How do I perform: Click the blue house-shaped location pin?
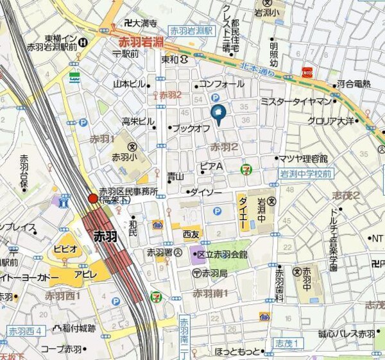coord(217,114)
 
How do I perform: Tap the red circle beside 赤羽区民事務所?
coord(93,199)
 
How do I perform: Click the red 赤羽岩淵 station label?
coord(141,42)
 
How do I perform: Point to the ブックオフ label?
coord(193,128)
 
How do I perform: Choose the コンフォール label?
coord(222,84)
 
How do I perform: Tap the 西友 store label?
coord(191,235)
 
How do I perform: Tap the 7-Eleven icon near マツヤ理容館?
coord(246,168)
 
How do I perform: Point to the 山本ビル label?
coord(130,84)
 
